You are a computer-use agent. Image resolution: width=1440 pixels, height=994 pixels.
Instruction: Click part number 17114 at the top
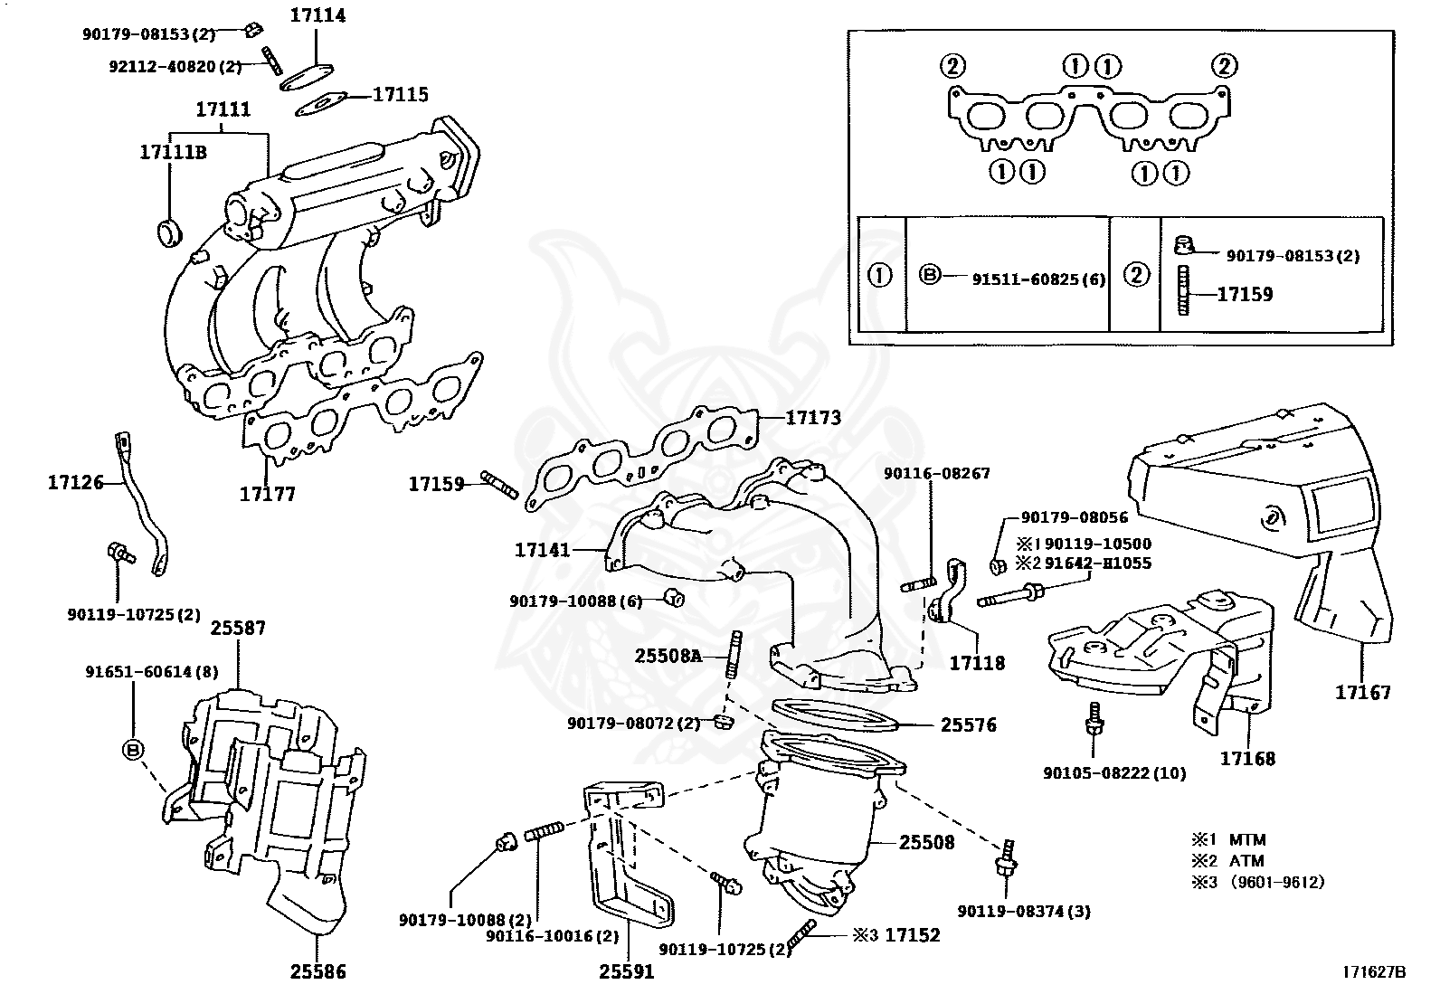coord(317,16)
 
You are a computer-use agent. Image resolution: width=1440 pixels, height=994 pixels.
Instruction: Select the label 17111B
coord(173,152)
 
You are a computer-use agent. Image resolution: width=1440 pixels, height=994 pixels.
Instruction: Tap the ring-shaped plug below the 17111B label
coord(170,233)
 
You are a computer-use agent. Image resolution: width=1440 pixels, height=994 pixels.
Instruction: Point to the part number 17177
coord(267,495)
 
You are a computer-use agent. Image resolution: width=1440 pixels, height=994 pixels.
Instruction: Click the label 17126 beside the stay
coord(76,484)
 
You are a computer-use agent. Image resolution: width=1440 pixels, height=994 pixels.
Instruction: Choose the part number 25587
coord(238,627)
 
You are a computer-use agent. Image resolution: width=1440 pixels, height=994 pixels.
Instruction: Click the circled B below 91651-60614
coord(133,749)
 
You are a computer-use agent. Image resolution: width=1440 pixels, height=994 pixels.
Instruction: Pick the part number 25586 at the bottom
coord(317,972)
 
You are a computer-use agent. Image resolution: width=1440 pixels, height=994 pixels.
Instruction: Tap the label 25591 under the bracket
coord(626,972)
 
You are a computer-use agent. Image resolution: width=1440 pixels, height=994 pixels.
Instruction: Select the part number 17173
coord(813,418)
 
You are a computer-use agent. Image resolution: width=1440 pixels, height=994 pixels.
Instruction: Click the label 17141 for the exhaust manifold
coord(543,549)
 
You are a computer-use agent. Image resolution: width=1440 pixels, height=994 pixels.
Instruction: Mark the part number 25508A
coord(668,655)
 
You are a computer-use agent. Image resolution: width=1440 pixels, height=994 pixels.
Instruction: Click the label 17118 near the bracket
coord(977,663)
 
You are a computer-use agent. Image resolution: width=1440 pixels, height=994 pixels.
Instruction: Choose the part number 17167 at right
coord(1363,693)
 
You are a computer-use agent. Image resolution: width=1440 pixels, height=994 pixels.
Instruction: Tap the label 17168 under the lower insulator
coord(1247,758)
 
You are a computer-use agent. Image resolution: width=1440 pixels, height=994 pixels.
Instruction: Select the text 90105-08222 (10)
coord(1113,773)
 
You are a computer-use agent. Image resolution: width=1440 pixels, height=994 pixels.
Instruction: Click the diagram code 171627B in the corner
coord(1375,972)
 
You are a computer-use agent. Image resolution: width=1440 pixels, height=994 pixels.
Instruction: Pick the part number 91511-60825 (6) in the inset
coord(1038,279)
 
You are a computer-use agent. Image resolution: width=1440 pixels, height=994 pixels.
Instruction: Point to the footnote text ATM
coord(1246,861)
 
